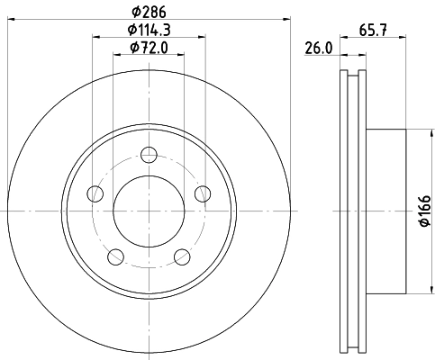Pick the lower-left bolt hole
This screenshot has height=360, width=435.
click(115, 257)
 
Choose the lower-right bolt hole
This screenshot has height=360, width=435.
click(182, 257)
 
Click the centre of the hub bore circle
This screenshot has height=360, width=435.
click(149, 211)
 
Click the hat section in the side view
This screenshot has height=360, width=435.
click(387, 211)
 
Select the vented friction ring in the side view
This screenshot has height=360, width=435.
click(352, 211)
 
